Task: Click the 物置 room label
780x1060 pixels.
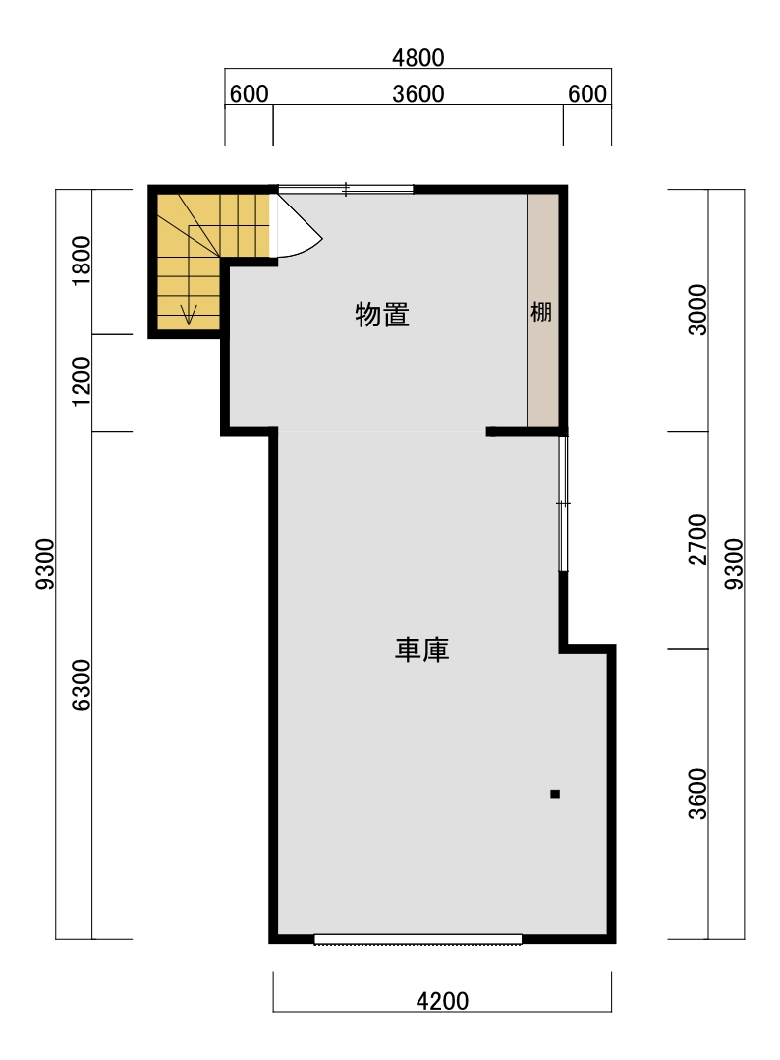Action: click(x=382, y=315)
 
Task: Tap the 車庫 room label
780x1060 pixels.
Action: click(x=422, y=649)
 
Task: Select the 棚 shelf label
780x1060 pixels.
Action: click(x=541, y=313)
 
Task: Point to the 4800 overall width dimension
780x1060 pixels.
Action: click(x=418, y=58)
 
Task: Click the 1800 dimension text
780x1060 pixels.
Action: click(x=82, y=261)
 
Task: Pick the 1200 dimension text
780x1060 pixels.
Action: click(x=82, y=382)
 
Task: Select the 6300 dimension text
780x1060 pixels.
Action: click(x=82, y=685)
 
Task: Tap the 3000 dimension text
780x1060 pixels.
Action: click(x=697, y=310)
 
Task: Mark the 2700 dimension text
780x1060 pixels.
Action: click(x=697, y=539)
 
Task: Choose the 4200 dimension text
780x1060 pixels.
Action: click(x=442, y=1001)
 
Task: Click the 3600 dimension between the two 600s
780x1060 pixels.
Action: click(x=418, y=94)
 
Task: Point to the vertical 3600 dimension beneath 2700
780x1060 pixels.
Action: click(x=697, y=794)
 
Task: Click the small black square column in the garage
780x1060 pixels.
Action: click(x=555, y=794)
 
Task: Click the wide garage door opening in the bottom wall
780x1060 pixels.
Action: click(x=418, y=939)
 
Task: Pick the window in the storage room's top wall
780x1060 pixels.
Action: click(x=345, y=189)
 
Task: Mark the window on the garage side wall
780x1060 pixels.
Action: click(x=562, y=503)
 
